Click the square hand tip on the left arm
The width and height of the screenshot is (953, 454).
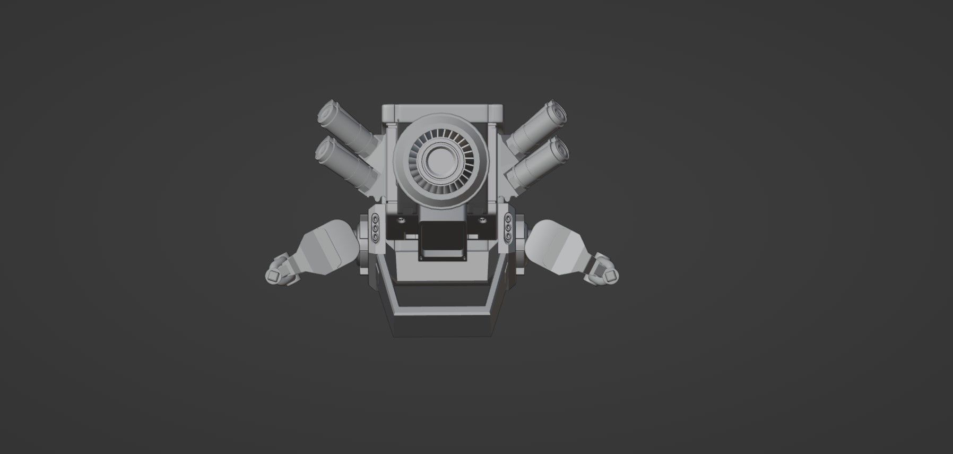click(274, 275)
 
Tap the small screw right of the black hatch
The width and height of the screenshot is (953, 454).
click(481, 219)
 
